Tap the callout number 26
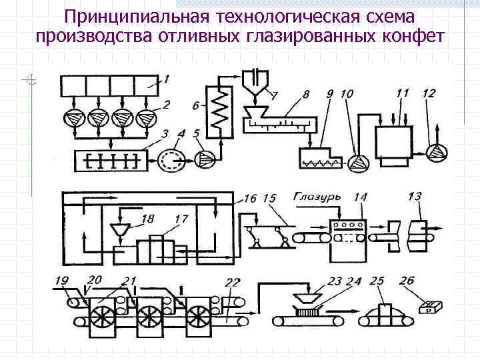pos(407,281)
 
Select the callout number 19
pos(61,280)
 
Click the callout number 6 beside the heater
pos(195,105)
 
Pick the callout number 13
pos(415,196)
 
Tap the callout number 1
pos(167,79)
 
